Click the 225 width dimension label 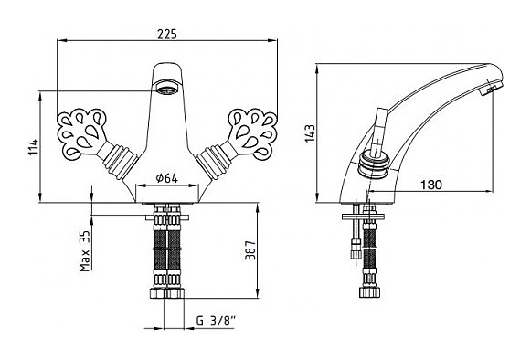tap(167, 34)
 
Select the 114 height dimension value tap(34, 147)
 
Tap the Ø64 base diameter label tap(166, 178)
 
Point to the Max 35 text tap(85, 251)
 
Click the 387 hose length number tap(250, 250)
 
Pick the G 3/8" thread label tap(216, 321)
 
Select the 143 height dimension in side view tap(310, 133)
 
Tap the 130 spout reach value tap(431, 185)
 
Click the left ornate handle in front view tap(81, 133)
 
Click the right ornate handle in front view tap(252, 133)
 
